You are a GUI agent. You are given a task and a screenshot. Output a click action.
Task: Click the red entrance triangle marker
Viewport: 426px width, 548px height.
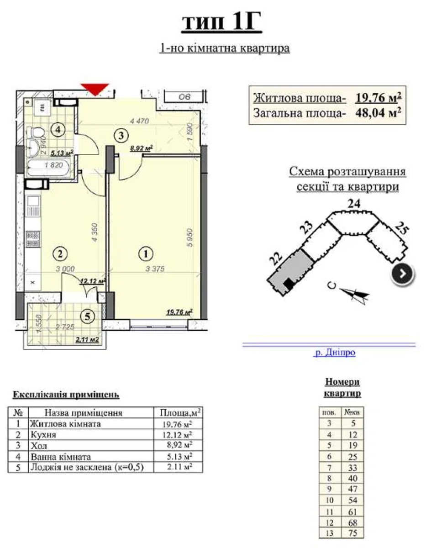[x=95, y=89]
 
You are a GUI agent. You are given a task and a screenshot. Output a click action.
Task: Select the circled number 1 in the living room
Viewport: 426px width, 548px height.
[x=146, y=254]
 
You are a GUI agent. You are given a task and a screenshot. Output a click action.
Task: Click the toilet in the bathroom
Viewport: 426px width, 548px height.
[x=36, y=131]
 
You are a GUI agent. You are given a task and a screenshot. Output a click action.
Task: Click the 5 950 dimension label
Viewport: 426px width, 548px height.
[x=190, y=237]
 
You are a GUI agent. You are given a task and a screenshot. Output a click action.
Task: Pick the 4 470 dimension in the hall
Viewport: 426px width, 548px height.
[x=139, y=121]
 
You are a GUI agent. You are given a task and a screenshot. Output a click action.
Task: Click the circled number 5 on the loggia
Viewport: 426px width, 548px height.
[x=87, y=316]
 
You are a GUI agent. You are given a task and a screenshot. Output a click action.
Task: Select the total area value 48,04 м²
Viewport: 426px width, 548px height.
[x=378, y=113]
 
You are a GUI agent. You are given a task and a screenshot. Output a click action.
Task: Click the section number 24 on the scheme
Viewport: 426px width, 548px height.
[x=354, y=204]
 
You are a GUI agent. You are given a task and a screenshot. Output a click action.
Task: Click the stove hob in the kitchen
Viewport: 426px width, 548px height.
[x=33, y=239]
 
